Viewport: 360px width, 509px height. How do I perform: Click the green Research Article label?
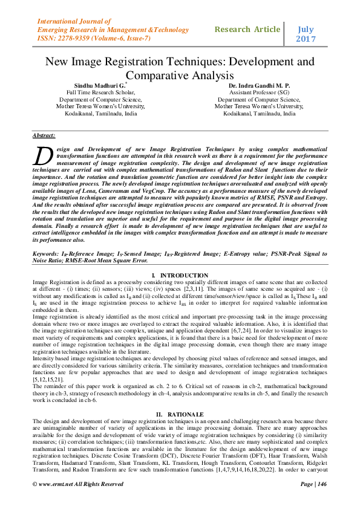pos(247,29)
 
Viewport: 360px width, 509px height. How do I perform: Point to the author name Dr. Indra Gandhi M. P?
pos(259,86)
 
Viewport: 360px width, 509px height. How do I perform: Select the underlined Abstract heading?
pos(44,136)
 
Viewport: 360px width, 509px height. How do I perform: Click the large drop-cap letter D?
pos(42,156)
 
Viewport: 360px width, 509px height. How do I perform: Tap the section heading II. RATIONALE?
pos(180,397)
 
